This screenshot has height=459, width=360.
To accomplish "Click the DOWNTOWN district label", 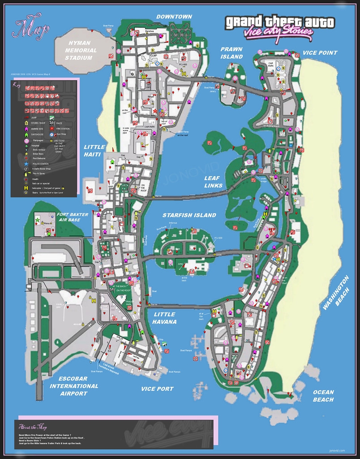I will (x=174, y=17).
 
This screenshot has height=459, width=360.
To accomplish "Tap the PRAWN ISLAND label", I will (x=231, y=53).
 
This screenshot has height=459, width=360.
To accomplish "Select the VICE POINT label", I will (x=320, y=53).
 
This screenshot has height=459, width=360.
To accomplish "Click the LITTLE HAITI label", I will (x=94, y=151).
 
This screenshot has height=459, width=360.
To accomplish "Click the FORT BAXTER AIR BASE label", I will (x=73, y=217).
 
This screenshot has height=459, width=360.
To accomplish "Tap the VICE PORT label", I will (x=157, y=389).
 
